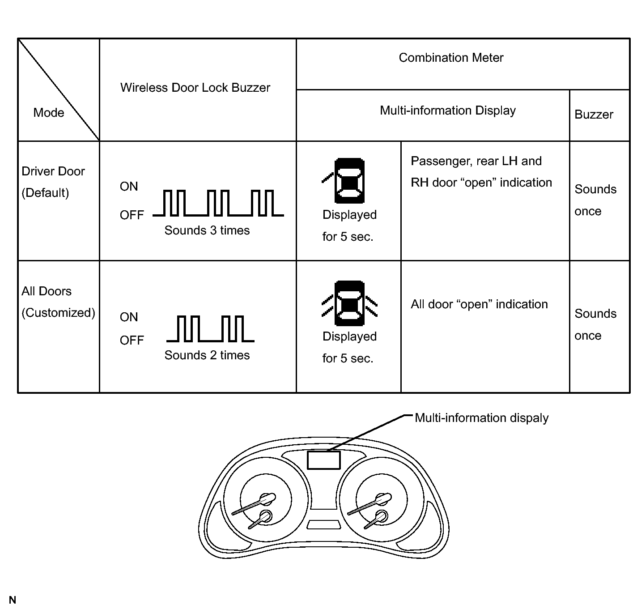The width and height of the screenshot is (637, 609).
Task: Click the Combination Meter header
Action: click(451, 58)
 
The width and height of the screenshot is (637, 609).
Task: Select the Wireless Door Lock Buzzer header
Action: click(195, 88)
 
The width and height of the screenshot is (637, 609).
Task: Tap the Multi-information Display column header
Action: click(448, 111)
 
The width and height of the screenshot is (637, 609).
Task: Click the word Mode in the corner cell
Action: click(49, 113)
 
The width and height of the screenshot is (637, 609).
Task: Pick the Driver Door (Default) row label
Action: click(53, 182)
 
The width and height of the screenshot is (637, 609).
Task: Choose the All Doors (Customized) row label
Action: click(58, 302)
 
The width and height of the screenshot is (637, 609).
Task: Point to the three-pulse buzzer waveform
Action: click(218, 204)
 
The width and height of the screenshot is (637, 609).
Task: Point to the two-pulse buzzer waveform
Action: click(210, 329)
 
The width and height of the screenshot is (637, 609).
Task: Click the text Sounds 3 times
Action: click(207, 230)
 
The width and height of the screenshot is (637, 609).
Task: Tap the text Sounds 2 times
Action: click(207, 355)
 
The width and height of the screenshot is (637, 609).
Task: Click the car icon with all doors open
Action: click(349, 303)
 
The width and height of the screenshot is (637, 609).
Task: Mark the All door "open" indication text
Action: click(479, 304)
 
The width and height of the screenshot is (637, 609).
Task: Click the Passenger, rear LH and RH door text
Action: click(481, 172)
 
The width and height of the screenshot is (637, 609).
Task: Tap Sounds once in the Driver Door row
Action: click(595, 200)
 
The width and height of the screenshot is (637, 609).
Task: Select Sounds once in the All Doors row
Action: click(595, 324)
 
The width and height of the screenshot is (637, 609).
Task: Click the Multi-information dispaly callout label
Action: click(481, 418)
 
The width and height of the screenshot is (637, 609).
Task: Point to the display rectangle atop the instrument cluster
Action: click(324, 460)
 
